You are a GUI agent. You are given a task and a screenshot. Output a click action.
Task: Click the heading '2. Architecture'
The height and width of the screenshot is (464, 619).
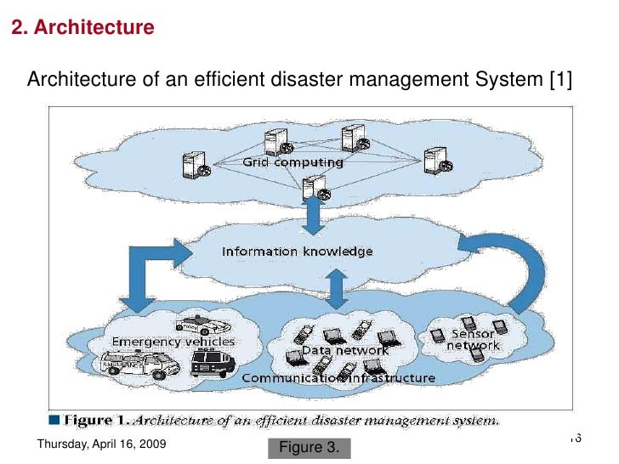82,28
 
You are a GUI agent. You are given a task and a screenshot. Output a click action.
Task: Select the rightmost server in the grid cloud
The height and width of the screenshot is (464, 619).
435,160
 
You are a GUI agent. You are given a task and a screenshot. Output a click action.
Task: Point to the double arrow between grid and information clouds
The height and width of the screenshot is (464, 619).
312,215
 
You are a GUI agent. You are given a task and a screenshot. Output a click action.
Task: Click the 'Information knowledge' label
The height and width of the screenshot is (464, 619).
297,252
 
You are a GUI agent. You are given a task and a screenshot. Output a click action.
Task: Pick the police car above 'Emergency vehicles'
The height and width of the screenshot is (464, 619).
202,325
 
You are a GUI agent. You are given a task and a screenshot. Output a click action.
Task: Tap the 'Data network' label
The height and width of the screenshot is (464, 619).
346,350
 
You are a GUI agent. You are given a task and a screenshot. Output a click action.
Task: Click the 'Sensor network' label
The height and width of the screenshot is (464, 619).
474,340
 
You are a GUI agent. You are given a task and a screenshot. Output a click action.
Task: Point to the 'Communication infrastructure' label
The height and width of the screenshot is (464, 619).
338,378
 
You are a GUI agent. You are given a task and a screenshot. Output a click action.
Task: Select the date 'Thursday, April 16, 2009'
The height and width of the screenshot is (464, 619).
102,445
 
